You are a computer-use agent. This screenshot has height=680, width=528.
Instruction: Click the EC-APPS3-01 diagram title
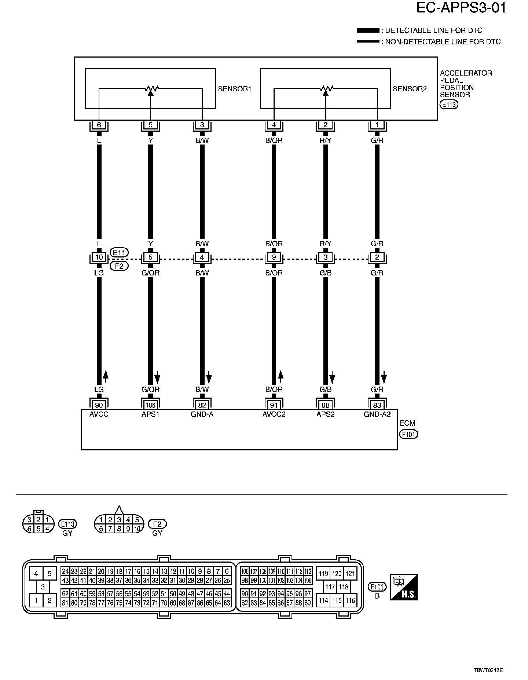(461, 8)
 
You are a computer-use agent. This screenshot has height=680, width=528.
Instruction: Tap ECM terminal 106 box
(150, 405)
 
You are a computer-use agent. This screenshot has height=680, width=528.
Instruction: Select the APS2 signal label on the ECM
(325, 414)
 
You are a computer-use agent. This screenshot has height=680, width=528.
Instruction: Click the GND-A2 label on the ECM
(377, 414)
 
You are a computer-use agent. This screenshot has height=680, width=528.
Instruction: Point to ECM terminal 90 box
(99, 405)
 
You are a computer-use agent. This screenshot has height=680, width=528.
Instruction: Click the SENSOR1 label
(234, 89)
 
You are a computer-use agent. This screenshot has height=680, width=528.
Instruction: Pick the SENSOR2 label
(410, 89)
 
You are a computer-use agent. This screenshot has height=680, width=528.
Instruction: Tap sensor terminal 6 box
(99, 125)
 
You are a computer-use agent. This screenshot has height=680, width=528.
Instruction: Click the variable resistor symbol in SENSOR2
(325, 89)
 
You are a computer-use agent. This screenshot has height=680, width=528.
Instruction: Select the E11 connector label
(119, 252)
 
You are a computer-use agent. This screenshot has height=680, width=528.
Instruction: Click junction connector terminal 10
(99, 257)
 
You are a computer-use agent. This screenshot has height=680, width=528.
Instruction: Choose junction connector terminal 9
(274, 257)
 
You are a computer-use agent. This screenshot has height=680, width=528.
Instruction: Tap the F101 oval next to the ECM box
(408, 435)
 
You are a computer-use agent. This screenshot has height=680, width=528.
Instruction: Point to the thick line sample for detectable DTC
(368, 30)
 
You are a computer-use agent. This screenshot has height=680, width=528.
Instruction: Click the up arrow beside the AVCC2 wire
(280, 376)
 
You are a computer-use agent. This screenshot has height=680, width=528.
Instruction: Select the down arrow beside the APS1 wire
(157, 376)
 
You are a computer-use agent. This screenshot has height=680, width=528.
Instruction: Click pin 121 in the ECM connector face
(350, 574)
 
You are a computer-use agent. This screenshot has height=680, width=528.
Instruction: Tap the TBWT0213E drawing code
(488, 670)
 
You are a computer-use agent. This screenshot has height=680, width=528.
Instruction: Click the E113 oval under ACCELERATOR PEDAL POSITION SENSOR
(449, 105)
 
